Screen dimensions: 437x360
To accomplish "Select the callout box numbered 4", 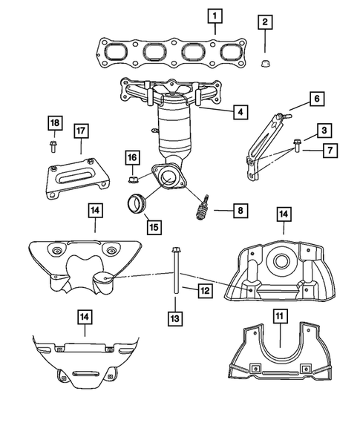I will click(239, 112).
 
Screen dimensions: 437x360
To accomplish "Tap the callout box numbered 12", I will click(206, 291).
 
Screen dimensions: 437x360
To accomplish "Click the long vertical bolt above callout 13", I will click(174, 271).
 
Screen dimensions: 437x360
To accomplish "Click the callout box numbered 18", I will click(55, 122).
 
